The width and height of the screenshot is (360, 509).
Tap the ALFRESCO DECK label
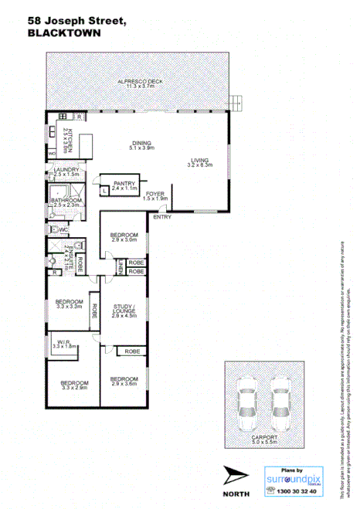coord(136,82)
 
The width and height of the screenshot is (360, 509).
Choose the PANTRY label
coord(124,183)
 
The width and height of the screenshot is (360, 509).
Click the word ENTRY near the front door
coord(162,217)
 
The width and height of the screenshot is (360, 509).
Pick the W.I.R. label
coord(63,342)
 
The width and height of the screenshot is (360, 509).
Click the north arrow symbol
coord(235,474)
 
